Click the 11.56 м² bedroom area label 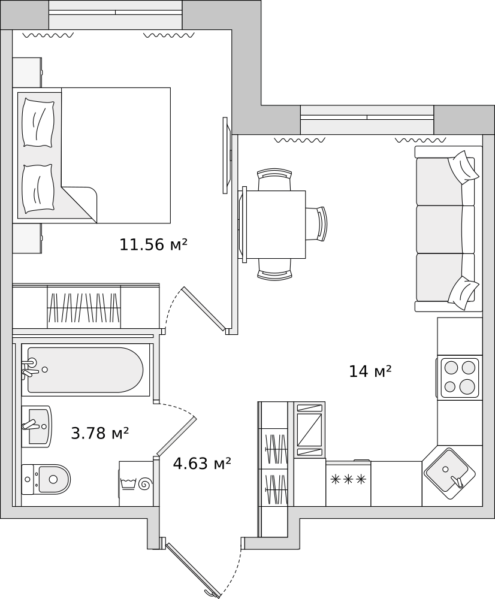pos(153,244)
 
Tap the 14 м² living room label pos(370,371)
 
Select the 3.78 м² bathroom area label pos(99,433)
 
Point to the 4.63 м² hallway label pos(202,464)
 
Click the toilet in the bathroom pos(46,479)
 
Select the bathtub pos(86,370)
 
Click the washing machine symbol pos(136,483)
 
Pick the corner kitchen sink pos(446,474)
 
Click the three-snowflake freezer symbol pos(348,479)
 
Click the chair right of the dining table pos(317,224)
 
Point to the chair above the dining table pos(274,179)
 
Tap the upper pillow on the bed pos(38,122)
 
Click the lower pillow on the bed pos(38,189)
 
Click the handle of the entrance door pos(210,593)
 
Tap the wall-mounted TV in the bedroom pos(227,155)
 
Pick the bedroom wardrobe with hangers pos(84,307)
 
